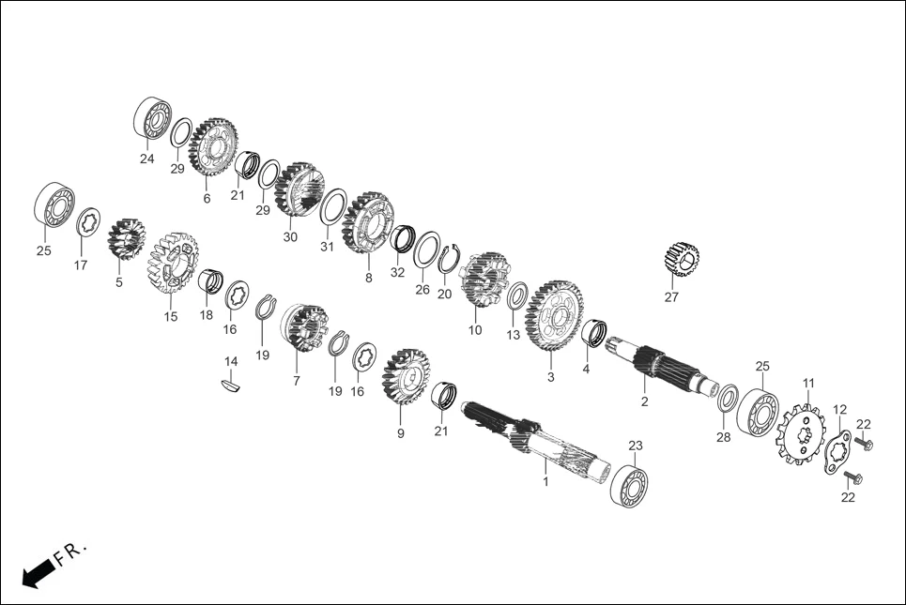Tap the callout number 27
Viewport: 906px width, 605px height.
point(670,297)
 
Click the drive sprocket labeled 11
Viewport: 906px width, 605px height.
point(801,432)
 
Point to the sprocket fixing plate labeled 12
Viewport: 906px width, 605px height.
point(837,452)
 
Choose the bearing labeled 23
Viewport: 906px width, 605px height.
point(629,484)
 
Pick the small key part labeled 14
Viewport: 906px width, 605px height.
point(230,383)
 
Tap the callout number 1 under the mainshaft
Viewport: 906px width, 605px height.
point(545,480)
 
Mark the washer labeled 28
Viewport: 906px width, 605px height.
point(727,398)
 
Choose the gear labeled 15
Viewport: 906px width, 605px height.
point(173,264)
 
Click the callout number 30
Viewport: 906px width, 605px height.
point(290,237)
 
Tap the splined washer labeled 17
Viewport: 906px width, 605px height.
point(88,222)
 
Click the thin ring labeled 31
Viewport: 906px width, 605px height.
point(332,206)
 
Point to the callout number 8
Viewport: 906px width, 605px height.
point(368,278)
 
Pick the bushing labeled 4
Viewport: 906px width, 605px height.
point(593,332)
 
